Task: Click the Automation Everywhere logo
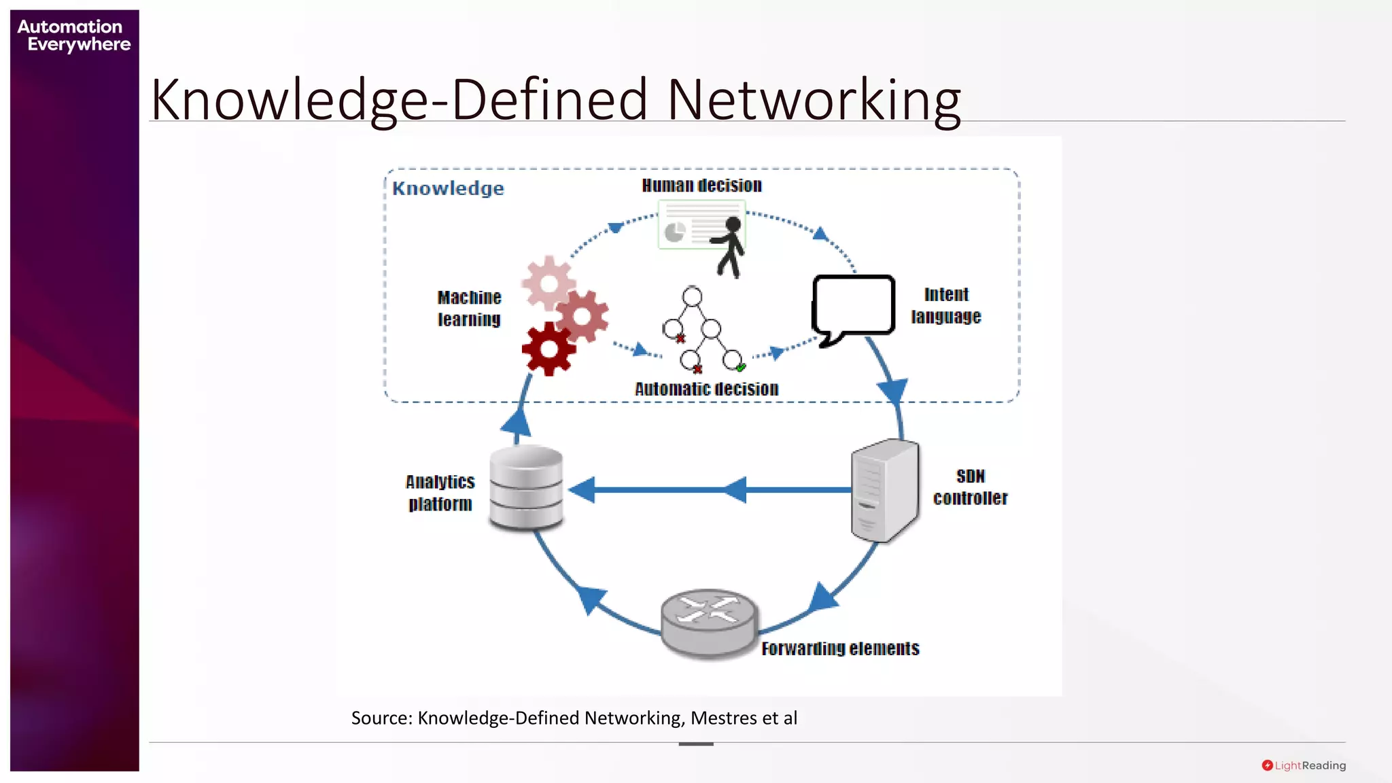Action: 73,35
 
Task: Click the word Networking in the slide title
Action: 814,100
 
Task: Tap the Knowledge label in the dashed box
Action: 448,188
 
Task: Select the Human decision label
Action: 701,186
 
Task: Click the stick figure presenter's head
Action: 733,224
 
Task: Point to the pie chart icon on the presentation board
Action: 674,232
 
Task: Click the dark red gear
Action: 549,349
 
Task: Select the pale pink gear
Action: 548,282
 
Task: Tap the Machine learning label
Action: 469,309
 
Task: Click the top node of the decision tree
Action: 692,296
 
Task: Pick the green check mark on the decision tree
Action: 741,367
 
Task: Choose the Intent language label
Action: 946,306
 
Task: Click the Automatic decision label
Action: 706,389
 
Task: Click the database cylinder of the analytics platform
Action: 526,487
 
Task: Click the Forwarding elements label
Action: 840,648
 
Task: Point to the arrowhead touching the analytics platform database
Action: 582,490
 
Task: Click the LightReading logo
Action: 1304,765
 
